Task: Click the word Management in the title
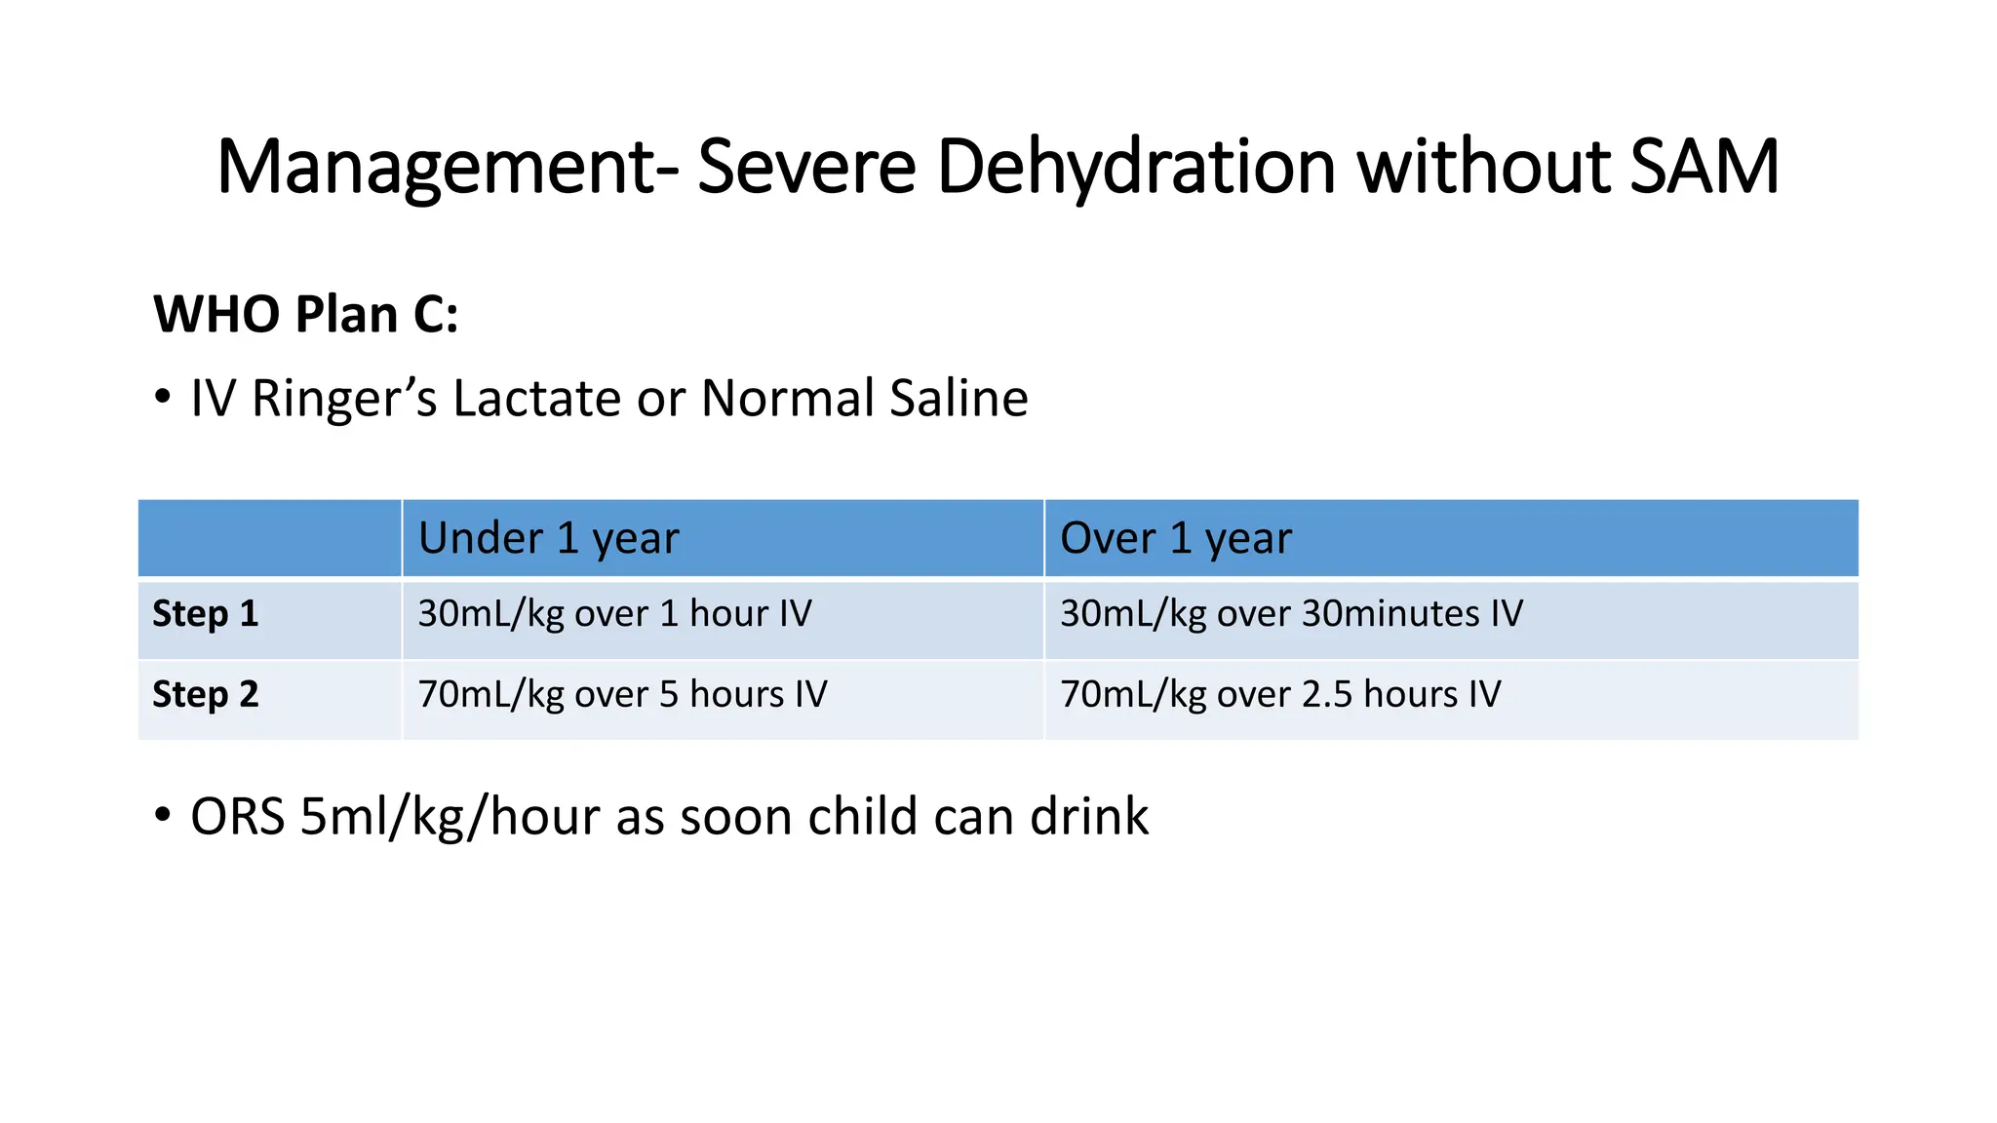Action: pos(437,168)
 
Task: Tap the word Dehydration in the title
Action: pos(1135,168)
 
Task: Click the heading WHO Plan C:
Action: pos(306,315)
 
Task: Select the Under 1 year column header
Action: pos(548,538)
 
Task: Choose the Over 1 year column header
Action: pos(1175,538)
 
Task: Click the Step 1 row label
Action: pos(206,614)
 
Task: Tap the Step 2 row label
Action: pos(206,695)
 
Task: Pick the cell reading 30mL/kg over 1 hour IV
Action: pos(614,614)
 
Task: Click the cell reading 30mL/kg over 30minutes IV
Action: pos(1291,614)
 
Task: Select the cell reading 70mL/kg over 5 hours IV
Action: pos(622,695)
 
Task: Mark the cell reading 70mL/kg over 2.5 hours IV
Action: pos(1280,695)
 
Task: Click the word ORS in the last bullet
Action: pos(237,817)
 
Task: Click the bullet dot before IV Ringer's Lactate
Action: pos(163,398)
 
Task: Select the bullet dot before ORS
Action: pos(163,816)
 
